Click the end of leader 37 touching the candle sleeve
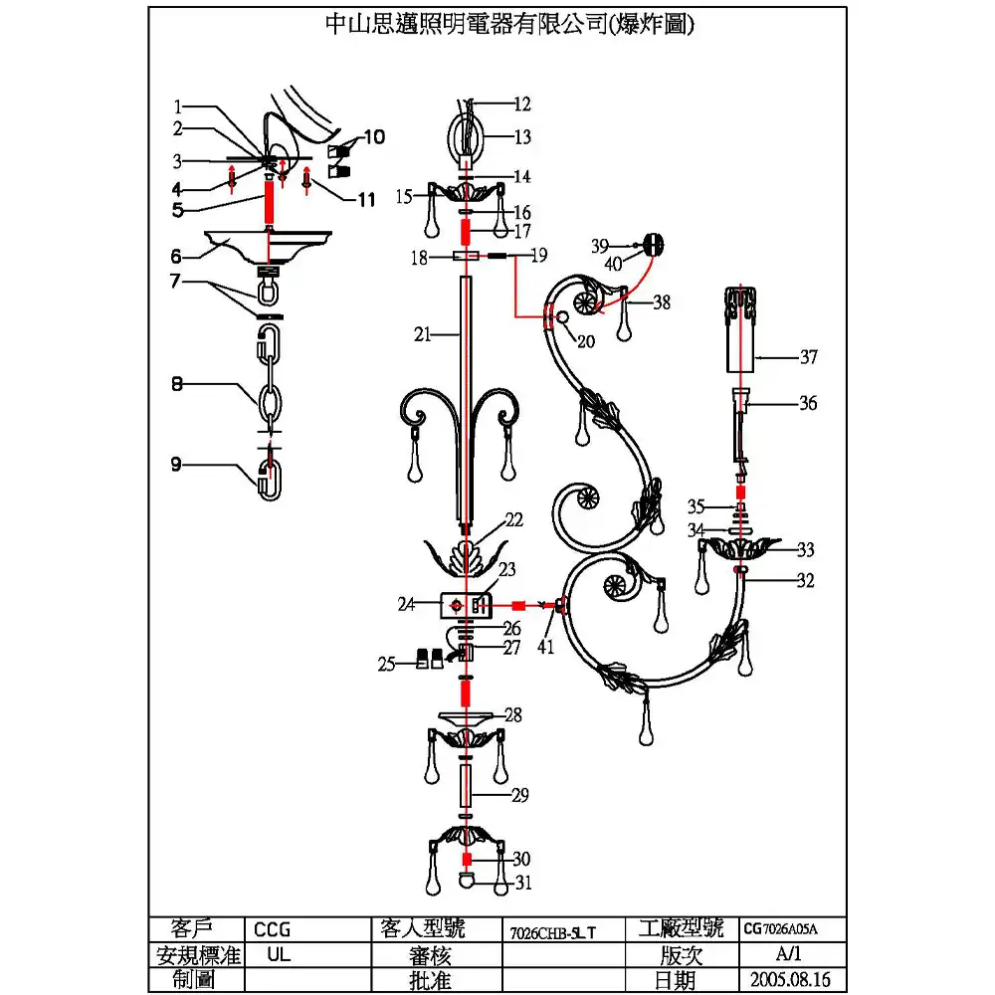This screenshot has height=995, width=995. (754, 358)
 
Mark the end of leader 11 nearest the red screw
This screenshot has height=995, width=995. (312, 181)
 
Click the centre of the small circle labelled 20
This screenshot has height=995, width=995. (561, 316)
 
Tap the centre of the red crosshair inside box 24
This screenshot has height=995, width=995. (456, 605)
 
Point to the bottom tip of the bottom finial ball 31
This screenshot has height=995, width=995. (467, 888)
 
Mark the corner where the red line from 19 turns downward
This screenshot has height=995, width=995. (514, 257)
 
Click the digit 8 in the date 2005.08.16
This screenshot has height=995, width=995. (799, 979)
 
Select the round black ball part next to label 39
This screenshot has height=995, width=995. (654, 244)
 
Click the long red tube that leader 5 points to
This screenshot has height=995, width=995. (269, 201)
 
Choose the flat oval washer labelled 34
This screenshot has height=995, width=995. (738, 530)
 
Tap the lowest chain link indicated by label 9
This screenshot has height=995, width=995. (270, 481)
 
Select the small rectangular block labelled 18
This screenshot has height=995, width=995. (466, 257)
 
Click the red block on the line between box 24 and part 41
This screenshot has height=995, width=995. (517, 605)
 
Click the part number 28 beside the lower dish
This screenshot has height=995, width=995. (512, 714)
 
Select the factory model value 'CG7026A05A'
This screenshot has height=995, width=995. (781, 929)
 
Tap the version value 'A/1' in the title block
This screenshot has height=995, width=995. (788, 953)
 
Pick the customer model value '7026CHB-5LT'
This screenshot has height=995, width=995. (552, 932)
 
